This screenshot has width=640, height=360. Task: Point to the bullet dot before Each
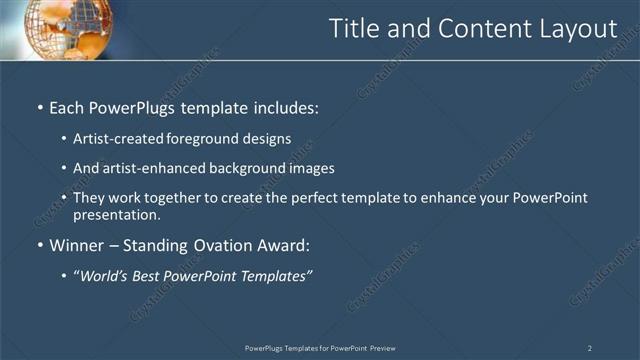coord(39,107)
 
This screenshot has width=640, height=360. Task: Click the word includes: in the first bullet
coord(285,106)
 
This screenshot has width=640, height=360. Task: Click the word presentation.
coord(116,214)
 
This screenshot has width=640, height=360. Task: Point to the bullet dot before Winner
coord(39,246)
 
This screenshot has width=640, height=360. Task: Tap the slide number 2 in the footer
coord(589,348)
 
